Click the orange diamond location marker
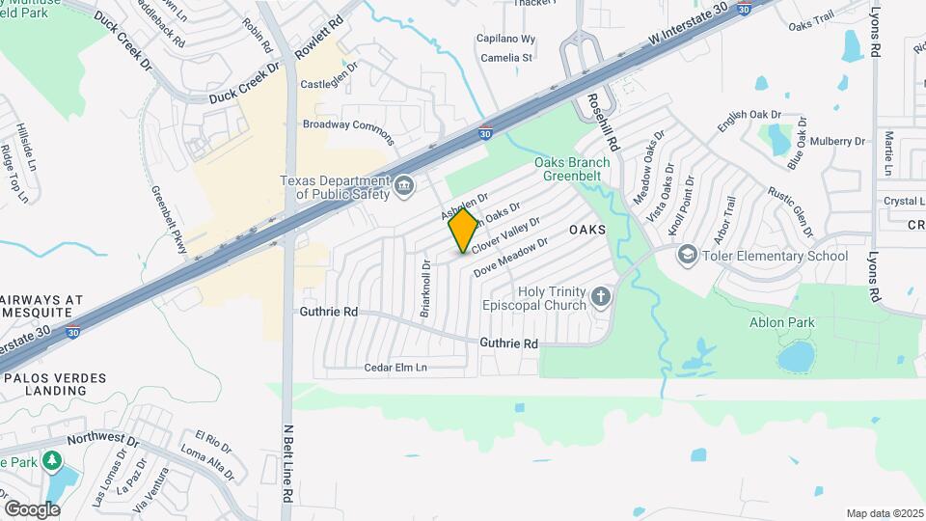click(x=464, y=230)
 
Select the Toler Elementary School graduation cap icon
click(x=687, y=255)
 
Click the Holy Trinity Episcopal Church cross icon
click(x=601, y=295)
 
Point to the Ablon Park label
click(x=782, y=323)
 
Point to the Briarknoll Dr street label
click(x=424, y=288)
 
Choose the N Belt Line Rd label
click(x=287, y=463)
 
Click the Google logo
click(x=32, y=508)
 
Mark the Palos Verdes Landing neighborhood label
click(x=57, y=383)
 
